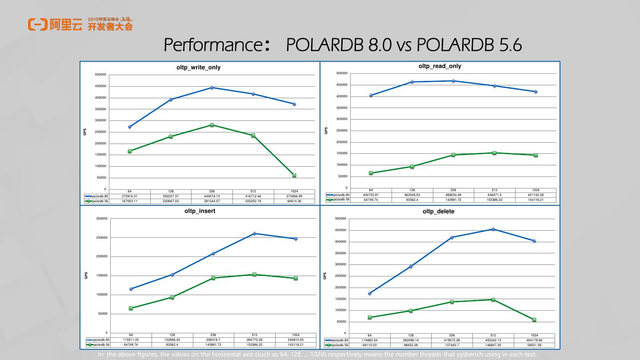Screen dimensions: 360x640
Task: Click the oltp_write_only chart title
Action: [x=199, y=68]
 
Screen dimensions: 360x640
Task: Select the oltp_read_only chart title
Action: [x=440, y=66]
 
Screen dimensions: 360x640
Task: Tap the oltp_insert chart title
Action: [x=200, y=211]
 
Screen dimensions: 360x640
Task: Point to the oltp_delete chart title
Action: [x=438, y=212]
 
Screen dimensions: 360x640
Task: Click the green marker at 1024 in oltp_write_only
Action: [x=294, y=176]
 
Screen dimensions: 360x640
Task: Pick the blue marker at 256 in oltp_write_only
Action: [x=212, y=88]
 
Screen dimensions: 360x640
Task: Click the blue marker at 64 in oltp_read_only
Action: [x=371, y=95]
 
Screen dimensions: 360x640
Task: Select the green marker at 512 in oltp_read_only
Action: [x=494, y=153]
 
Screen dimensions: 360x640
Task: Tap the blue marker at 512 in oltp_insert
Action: [x=255, y=233]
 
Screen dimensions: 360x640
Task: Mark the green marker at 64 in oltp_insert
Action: [x=131, y=308]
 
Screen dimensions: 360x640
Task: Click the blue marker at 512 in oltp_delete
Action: [x=493, y=229]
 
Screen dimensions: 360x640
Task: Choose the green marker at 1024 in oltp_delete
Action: [x=534, y=320]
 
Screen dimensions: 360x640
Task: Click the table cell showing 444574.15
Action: [x=212, y=196]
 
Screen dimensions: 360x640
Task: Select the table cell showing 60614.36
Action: [x=294, y=201]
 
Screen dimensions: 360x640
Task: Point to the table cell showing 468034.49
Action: [x=453, y=195]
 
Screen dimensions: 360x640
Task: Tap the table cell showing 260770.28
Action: [x=255, y=340]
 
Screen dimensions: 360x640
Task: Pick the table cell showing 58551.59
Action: [x=534, y=345]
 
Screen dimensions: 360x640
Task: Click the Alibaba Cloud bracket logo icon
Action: [x=37, y=24]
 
